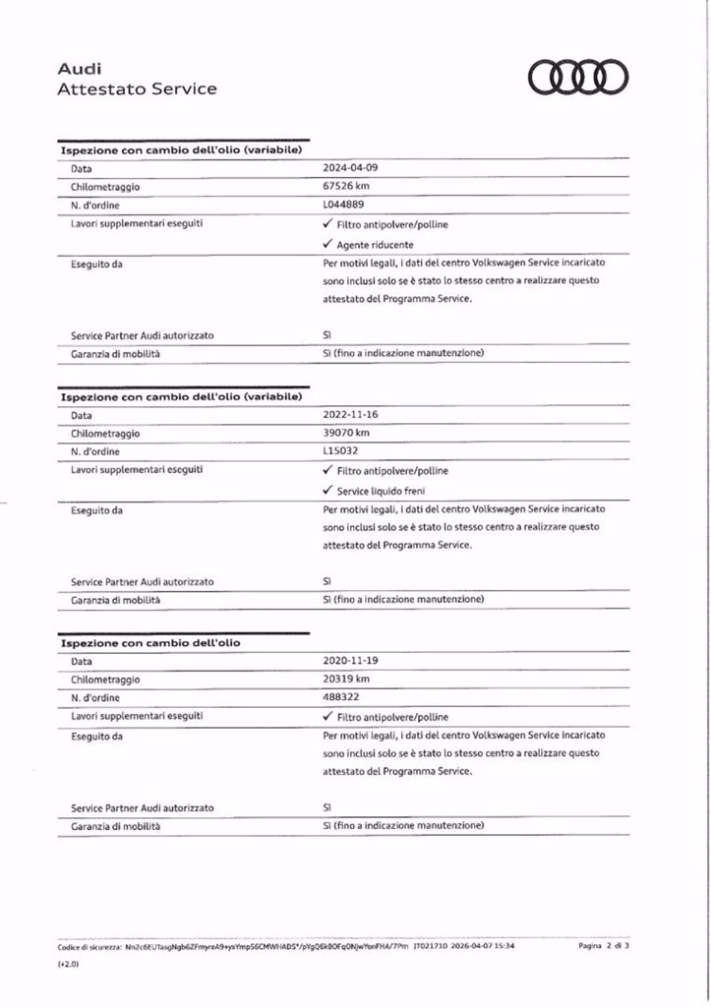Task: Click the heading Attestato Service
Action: [x=137, y=89]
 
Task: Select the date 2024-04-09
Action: [x=349, y=167]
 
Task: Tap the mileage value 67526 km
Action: [x=346, y=186]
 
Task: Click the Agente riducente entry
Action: [x=375, y=244]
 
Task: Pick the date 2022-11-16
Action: [x=349, y=414]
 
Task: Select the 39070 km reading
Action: [x=346, y=433]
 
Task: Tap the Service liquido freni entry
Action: [x=381, y=490]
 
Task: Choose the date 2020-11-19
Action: [x=349, y=661]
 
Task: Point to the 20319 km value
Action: [x=346, y=680]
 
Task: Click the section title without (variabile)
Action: [x=150, y=642]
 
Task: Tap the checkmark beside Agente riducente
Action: [x=327, y=243]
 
